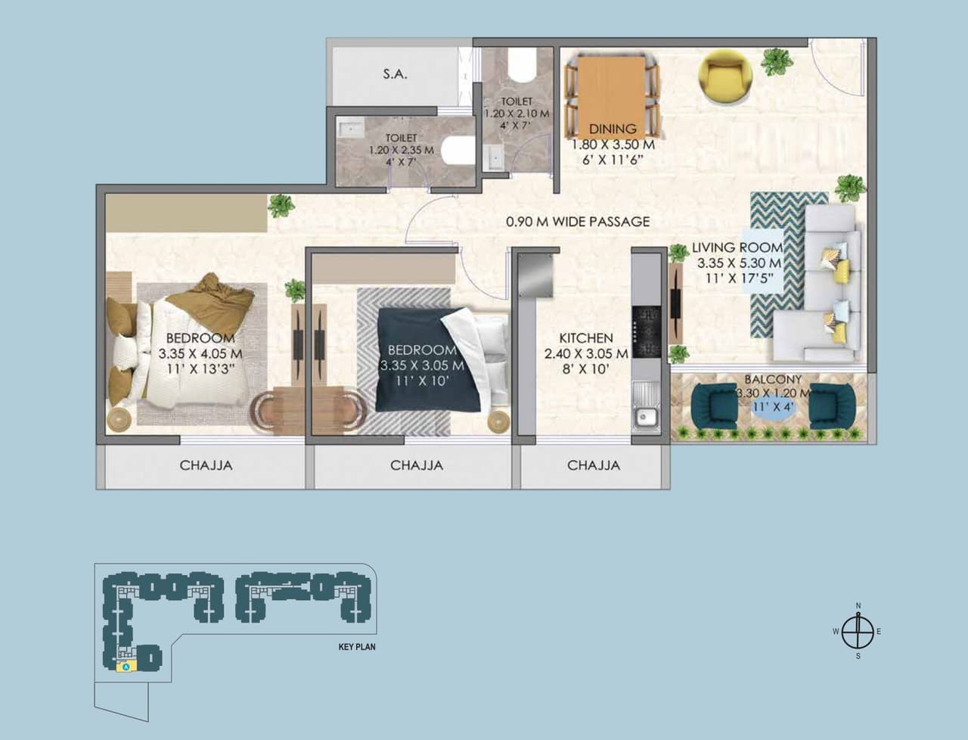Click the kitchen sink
tap(646, 415)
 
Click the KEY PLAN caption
tap(357, 647)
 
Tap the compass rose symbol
tap(858, 631)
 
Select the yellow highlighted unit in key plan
tap(125, 666)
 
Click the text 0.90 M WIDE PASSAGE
tap(578, 222)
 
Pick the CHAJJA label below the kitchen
tap(594, 465)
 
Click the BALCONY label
tap(772, 380)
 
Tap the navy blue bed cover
tap(420, 356)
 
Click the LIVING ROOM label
tap(737, 247)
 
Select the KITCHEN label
tap(585, 338)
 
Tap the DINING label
tap(613, 129)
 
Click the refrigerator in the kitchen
tap(535, 277)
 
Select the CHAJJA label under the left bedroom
tap(206, 465)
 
